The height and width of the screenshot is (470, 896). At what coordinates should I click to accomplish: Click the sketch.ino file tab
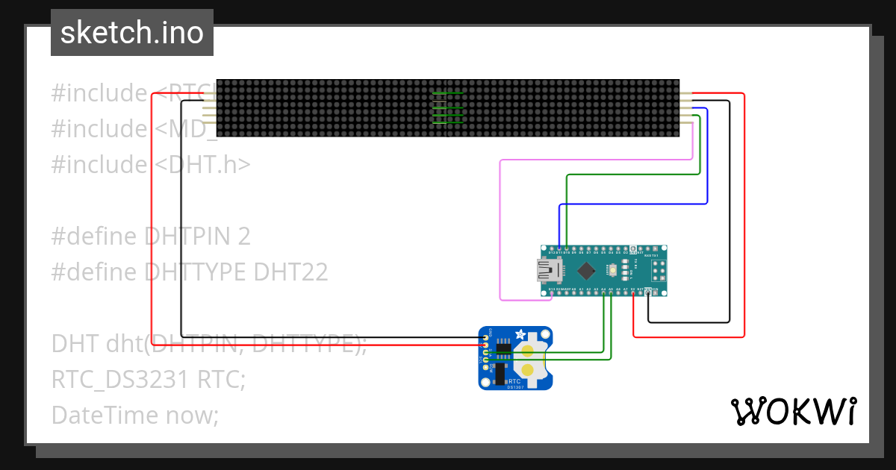pyautogui.click(x=131, y=33)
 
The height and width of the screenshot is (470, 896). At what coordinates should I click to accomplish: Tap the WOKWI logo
pyautogui.click(x=793, y=411)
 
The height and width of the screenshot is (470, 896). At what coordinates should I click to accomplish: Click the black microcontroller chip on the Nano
pyautogui.click(x=587, y=269)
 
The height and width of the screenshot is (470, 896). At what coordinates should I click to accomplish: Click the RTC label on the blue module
pyautogui.click(x=514, y=380)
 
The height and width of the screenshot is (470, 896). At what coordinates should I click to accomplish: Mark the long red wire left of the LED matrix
pyautogui.click(x=153, y=224)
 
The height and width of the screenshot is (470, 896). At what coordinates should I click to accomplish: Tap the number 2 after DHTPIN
pyautogui.click(x=243, y=236)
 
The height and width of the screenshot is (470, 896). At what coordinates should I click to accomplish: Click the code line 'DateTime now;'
pyautogui.click(x=135, y=414)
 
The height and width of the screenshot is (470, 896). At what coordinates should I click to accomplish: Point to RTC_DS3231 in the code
pyautogui.click(x=119, y=380)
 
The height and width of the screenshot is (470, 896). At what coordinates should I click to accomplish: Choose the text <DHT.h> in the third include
pyautogui.click(x=202, y=165)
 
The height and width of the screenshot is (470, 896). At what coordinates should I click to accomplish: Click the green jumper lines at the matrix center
pyautogui.click(x=448, y=107)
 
